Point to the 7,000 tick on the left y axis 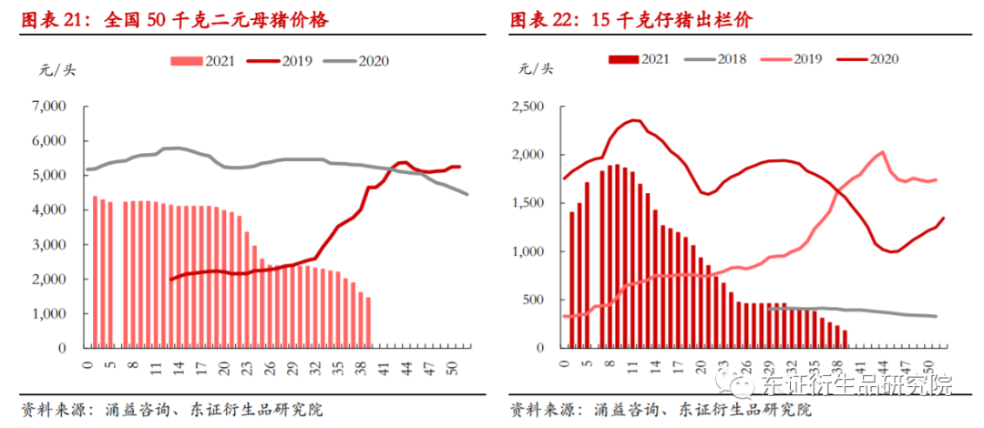50,107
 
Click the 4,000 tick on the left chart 50,210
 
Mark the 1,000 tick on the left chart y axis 50,313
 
